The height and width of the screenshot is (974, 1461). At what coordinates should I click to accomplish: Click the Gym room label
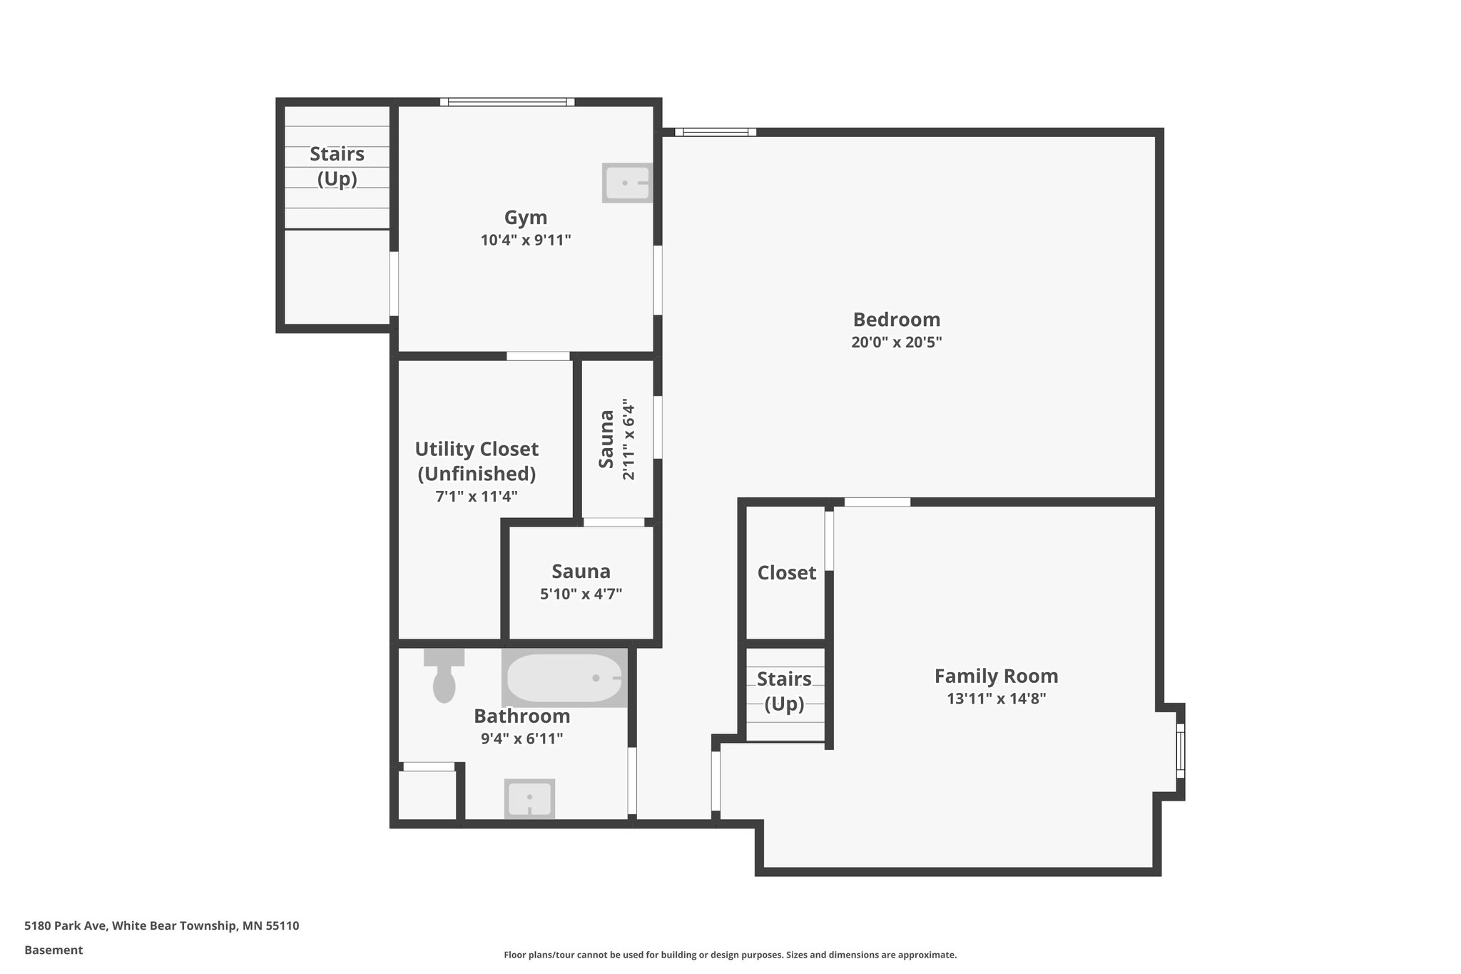tap(526, 218)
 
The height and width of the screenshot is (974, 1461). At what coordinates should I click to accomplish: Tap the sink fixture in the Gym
tap(626, 183)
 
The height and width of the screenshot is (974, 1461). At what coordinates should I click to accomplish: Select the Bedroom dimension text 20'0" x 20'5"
tap(896, 342)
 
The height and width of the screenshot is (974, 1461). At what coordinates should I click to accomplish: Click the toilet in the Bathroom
tap(444, 679)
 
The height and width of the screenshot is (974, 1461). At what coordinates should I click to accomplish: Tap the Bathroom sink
tap(529, 798)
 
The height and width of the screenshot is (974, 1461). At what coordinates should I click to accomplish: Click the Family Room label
tap(996, 676)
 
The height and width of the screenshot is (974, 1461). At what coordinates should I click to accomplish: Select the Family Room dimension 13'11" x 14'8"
tap(996, 699)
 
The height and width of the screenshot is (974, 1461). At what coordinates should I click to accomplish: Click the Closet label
tap(786, 572)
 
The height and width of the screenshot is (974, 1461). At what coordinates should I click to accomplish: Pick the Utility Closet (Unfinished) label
tap(477, 461)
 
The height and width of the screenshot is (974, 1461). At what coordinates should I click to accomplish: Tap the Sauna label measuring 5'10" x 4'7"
tap(581, 572)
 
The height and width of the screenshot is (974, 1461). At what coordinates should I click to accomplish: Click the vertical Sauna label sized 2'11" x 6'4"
tap(606, 439)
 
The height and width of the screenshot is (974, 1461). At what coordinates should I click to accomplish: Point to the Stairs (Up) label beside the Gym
tap(337, 166)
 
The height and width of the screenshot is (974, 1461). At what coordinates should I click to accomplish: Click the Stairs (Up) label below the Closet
tap(784, 691)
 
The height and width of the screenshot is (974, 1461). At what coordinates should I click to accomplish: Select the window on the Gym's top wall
tap(507, 102)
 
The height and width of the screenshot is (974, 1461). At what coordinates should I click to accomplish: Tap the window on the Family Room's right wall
tap(1180, 750)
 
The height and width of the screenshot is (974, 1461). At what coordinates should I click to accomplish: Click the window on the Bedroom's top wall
tap(715, 132)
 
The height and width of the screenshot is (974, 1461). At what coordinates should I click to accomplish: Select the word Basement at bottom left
tap(54, 950)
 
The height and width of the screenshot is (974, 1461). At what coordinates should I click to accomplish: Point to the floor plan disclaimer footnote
tap(730, 955)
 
